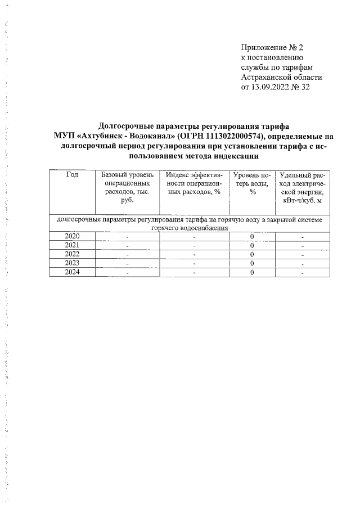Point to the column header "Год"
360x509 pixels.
72,175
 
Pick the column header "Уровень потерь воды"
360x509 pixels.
253,183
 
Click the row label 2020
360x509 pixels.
72,236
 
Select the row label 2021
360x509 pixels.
72,245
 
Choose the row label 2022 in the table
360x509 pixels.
72,254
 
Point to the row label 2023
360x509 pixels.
72,263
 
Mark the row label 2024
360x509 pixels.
72,272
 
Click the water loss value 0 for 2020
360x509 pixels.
253,236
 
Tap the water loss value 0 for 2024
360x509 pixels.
253,273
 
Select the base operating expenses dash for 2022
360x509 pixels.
127,255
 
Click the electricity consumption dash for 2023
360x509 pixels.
303,264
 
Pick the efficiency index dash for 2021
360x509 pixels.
195,246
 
